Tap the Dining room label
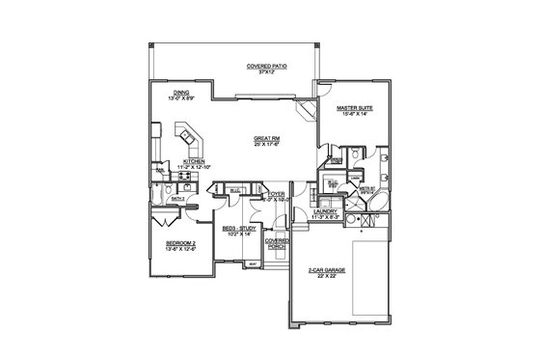click(181, 93)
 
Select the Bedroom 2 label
click(180, 242)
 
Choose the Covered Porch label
click(277, 243)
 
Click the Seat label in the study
click(253, 263)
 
